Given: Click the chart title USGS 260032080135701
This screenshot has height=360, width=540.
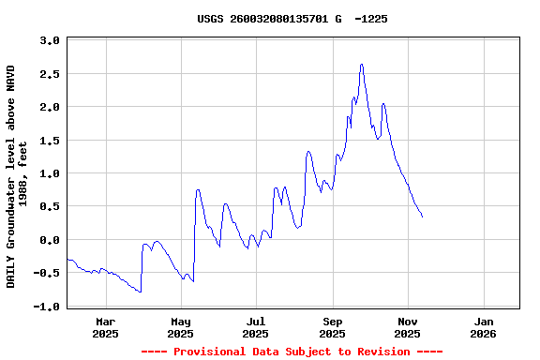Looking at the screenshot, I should click(292, 19).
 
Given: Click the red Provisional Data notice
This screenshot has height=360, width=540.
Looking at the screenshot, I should click(292, 352).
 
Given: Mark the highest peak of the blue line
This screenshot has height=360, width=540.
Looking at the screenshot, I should click(361, 65).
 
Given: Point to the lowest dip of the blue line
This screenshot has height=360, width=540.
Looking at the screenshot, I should click(140, 292).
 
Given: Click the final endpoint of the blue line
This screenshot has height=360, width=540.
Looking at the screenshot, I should click(422, 217).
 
